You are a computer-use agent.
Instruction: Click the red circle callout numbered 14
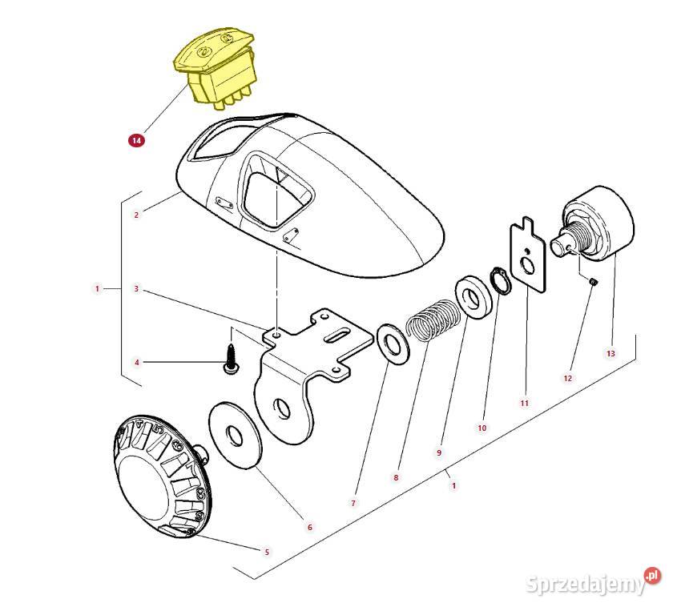pyautogui.click(x=136, y=140)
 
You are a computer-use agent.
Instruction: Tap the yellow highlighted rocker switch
pyautogui.click(x=216, y=68)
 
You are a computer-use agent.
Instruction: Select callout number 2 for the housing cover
pyautogui.click(x=136, y=215)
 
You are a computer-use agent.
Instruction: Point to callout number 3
pyautogui.click(x=136, y=288)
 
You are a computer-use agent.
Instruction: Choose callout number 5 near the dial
pyautogui.click(x=267, y=552)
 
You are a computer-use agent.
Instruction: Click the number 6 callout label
pyautogui.click(x=309, y=527)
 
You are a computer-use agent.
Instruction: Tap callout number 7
pyautogui.click(x=353, y=503)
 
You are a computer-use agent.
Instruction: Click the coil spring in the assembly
pyautogui.click(x=433, y=320)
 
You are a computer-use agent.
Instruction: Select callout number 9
pyautogui.click(x=439, y=452)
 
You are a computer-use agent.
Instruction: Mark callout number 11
pyautogui.click(x=524, y=403)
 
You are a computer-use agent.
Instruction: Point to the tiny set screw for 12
pyautogui.click(x=593, y=282)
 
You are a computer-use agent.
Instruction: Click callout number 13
pyautogui.click(x=611, y=353)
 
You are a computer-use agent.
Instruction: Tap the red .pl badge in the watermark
pyautogui.click(x=652, y=576)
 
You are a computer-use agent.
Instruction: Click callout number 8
pyautogui.click(x=396, y=477)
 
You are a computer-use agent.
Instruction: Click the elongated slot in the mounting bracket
pyautogui.click(x=337, y=336)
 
